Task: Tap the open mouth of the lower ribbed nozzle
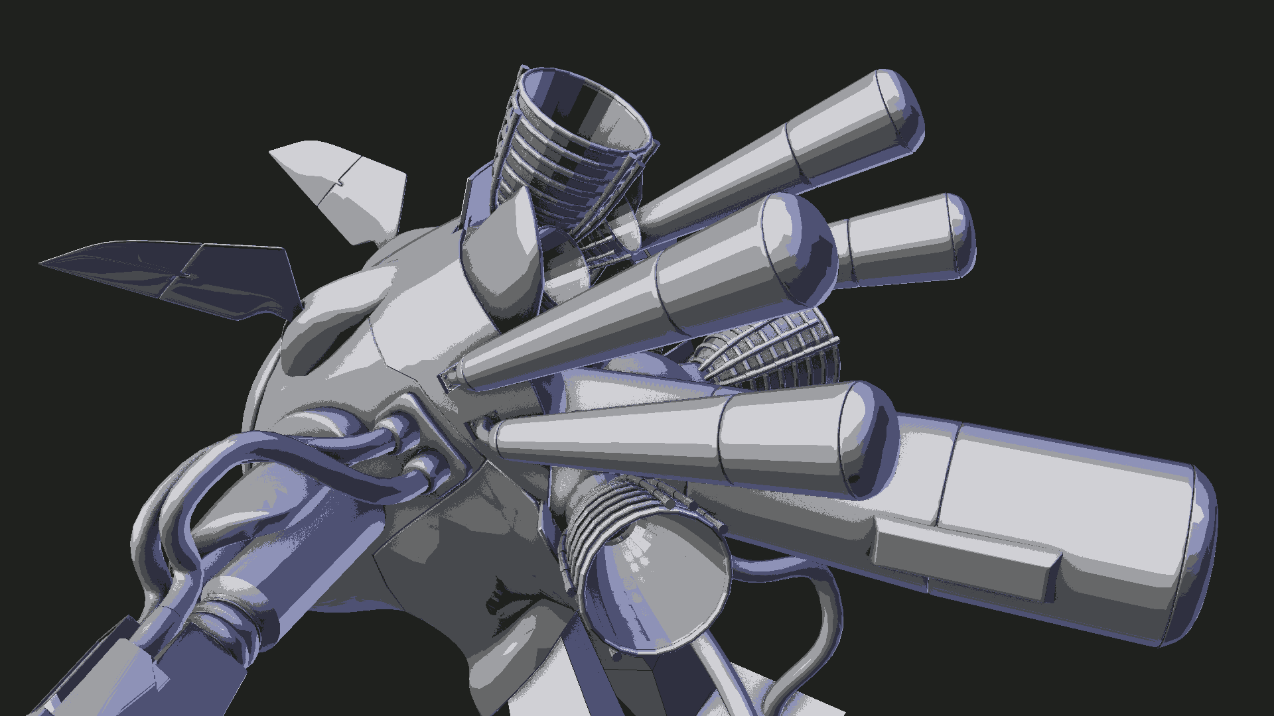click(x=657, y=583)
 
